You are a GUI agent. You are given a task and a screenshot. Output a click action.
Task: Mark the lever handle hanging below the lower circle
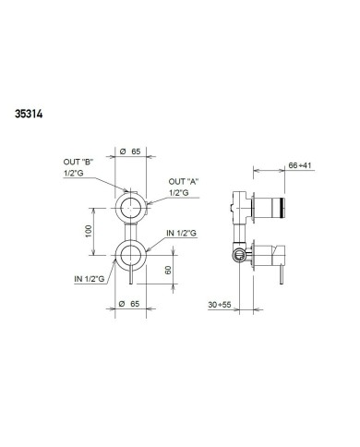click(135, 276)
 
